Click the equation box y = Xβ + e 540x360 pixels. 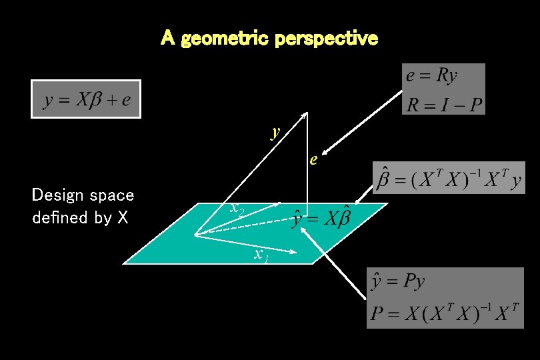click(x=86, y=100)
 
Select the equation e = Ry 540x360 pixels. click(x=431, y=76)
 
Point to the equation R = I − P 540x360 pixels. click(x=444, y=103)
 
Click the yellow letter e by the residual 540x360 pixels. click(x=312, y=160)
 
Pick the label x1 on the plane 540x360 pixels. click(x=261, y=254)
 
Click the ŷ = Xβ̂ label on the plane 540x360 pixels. click(x=321, y=218)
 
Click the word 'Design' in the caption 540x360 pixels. click(x=56, y=195)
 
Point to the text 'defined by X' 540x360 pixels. click(x=80, y=218)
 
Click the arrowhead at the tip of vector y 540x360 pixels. click(x=305, y=114)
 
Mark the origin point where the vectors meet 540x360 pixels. click(x=194, y=235)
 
